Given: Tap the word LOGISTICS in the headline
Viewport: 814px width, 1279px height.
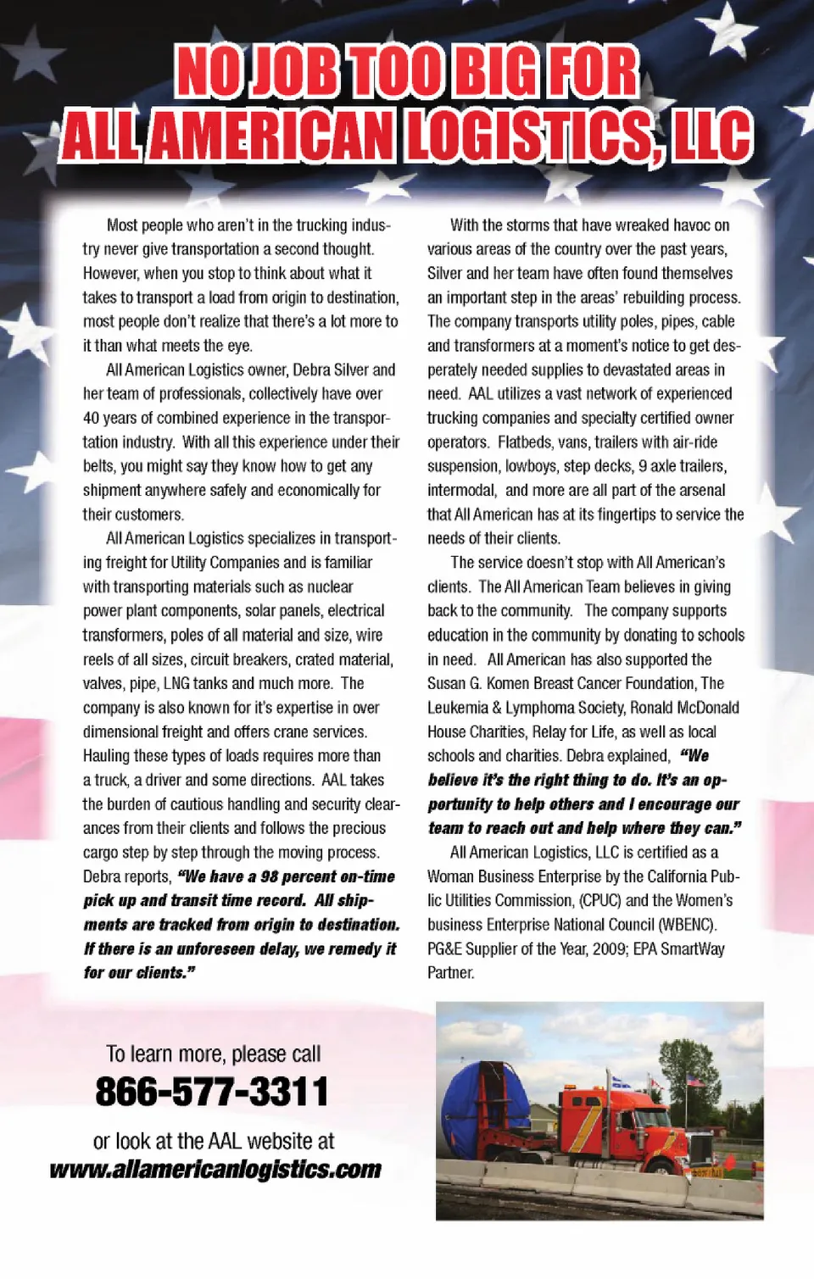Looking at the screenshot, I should click(529, 136).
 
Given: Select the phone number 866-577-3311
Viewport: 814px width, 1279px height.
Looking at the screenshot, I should click(211, 1092).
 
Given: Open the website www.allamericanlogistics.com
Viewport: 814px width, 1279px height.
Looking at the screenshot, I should click(215, 1170).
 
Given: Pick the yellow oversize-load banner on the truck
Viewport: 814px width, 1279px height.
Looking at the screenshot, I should click(706, 1172).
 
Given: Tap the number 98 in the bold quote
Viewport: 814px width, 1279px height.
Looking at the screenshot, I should click(270, 877).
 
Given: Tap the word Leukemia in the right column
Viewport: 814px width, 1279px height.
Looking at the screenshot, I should click(457, 708).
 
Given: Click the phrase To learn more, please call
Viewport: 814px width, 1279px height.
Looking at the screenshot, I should click(213, 1054).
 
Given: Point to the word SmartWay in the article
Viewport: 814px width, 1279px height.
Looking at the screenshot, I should click(693, 949).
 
